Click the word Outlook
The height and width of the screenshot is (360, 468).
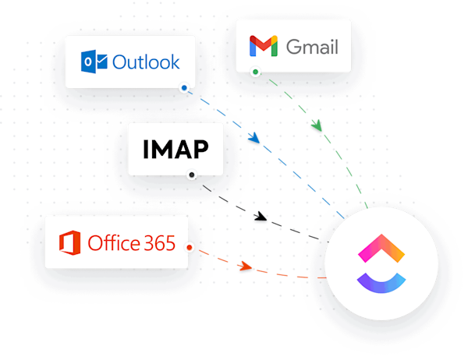pyautogui.click(x=146, y=61)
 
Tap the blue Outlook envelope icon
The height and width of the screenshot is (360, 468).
pyautogui.click(x=95, y=61)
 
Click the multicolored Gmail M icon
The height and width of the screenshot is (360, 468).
pyautogui.click(x=264, y=47)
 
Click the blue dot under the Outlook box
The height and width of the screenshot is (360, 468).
pyautogui.click(x=183, y=89)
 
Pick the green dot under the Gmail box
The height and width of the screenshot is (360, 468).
pyautogui.click(x=255, y=72)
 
